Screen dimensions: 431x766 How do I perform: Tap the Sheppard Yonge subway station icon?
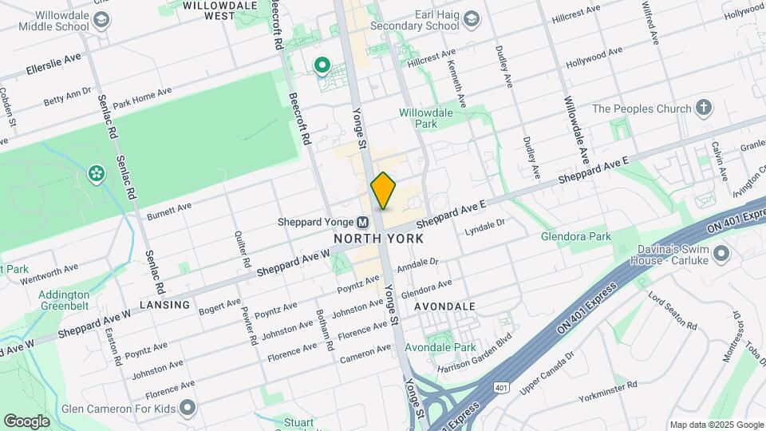[362, 223]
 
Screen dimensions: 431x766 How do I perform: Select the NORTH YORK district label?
[378, 239]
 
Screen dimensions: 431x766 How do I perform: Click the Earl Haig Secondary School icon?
[472, 18]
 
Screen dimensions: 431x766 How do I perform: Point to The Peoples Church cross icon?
[703, 108]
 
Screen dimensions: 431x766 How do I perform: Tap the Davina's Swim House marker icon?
[722, 254]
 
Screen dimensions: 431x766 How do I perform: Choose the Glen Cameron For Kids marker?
[188, 409]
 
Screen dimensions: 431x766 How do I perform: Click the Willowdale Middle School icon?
[101, 18]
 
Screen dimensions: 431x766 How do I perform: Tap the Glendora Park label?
[575, 237]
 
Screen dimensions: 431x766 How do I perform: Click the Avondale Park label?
[440, 347]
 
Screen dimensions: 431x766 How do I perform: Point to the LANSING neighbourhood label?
[165, 305]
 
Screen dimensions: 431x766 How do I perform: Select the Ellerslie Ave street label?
[53, 62]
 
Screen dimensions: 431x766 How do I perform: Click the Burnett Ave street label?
[169, 211]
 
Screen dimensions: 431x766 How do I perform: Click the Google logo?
[26, 421]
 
